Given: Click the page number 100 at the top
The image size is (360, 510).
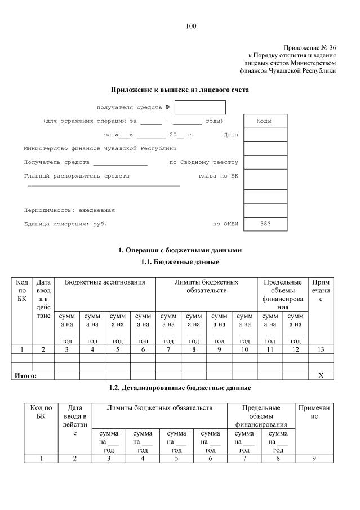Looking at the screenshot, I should (190, 26).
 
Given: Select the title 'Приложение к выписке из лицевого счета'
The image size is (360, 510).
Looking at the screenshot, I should (180, 89).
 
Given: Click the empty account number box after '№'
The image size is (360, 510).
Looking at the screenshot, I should (200, 107).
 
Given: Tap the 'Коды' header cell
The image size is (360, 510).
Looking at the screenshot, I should (265, 121).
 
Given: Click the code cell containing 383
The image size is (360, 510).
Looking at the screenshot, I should (265, 224).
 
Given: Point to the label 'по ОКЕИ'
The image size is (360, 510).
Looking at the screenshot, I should (225, 224).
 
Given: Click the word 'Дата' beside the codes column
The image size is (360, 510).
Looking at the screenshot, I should (231, 135).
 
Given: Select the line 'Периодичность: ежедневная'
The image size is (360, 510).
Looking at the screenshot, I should (69, 210).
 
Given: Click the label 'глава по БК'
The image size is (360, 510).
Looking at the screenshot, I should (219, 176).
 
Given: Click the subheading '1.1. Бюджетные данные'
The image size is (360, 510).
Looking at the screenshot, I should (180, 262).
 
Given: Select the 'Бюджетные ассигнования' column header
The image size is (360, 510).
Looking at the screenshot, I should (105, 282).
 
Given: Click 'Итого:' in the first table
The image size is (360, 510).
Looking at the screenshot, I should (24, 375).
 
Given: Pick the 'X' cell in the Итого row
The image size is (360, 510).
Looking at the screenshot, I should (321, 375).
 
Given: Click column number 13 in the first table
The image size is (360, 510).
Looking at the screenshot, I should (321, 349).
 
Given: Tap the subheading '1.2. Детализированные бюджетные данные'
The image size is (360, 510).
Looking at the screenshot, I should (180, 388).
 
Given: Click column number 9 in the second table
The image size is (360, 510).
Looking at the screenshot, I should (314, 458).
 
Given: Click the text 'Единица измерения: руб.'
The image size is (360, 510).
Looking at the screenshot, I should (65, 224).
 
